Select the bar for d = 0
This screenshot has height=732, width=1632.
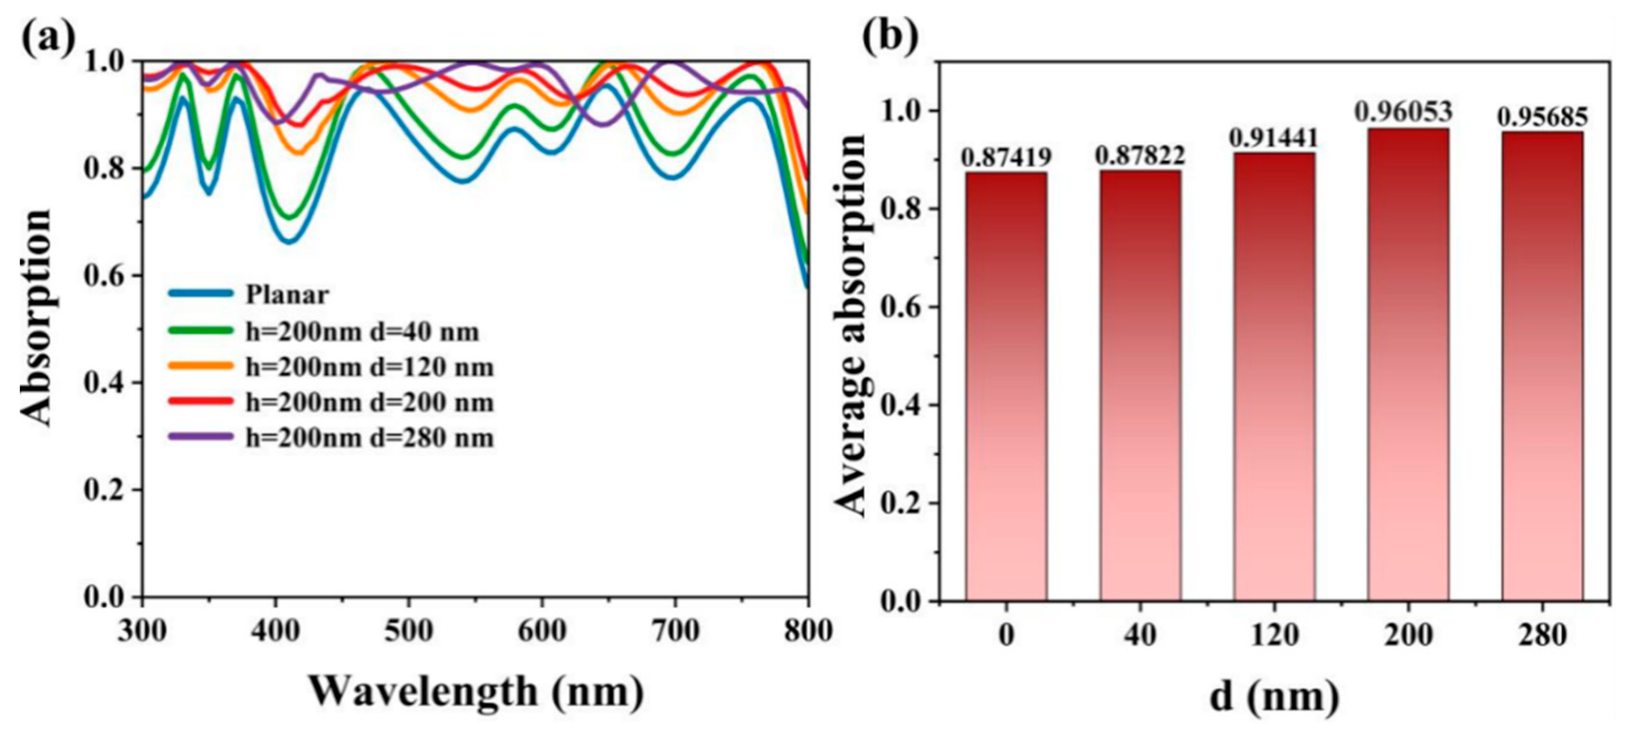tap(1006, 387)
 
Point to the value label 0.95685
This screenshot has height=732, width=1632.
tap(1541, 117)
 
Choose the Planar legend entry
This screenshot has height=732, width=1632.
tap(287, 294)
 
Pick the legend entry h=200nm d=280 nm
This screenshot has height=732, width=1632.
tap(369, 438)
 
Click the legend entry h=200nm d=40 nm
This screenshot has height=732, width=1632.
tap(363, 332)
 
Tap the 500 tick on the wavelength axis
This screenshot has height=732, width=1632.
tap(409, 631)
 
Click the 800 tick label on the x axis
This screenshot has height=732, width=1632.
tap(808, 631)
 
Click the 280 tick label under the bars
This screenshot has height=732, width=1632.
tap(1542, 635)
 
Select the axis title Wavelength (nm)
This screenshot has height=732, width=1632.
tap(476, 691)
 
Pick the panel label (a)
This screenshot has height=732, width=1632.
tap(48, 38)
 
